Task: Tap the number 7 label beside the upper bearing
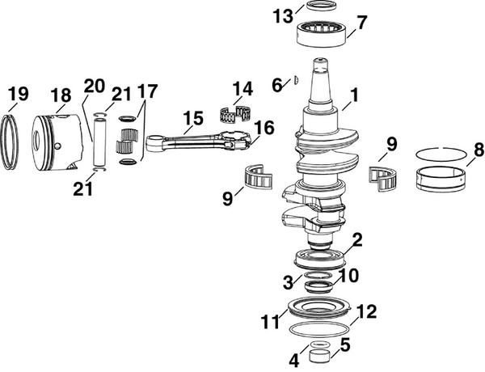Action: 361,22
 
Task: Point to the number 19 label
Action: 16,99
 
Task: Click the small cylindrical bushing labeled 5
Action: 320,353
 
